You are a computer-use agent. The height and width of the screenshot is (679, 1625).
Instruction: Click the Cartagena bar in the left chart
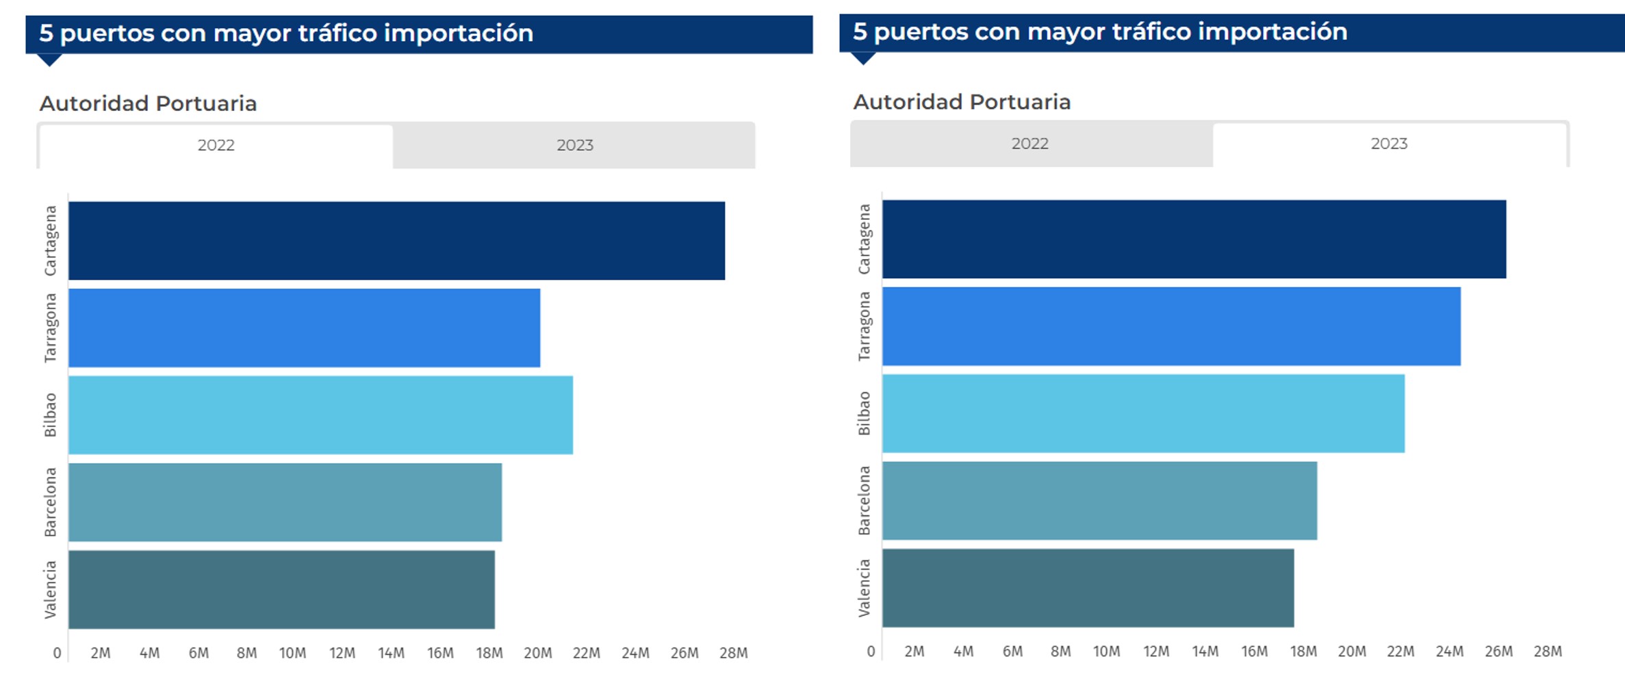[x=396, y=240]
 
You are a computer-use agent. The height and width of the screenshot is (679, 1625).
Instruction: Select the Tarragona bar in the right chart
[x=1171, y=326]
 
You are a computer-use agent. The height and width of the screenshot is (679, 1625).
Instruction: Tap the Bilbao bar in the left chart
[x=320, y=415]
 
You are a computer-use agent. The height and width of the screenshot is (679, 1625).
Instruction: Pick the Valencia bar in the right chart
[x=1088, y=588]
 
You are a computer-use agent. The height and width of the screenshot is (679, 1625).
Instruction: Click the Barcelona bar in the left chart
[x=285, y=502]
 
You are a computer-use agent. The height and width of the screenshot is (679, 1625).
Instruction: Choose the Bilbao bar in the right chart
[x=1143, y=413]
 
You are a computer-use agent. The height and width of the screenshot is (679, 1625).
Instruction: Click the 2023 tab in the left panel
[x=574, y=145]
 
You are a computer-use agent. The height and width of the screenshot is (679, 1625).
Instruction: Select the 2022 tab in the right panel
[x=1029, y=144]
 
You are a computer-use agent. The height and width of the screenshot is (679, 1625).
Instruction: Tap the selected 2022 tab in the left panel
[x=216, y=145]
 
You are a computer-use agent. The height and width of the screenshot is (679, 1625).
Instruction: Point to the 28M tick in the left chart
[x=733, y=653]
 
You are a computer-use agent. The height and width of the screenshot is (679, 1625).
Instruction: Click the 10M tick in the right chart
[x=1106, y=652]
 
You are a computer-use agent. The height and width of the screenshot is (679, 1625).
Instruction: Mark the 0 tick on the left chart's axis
[x=57, y=653]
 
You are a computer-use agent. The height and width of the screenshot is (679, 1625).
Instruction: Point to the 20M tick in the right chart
[x=1352, y=652]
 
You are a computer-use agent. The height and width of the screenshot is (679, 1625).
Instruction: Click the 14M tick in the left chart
[x=391, y=653]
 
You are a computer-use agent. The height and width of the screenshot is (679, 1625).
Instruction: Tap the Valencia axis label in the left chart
[x=50, y=589]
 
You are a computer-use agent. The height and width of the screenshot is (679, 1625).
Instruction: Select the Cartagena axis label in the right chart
[x=864, y=239]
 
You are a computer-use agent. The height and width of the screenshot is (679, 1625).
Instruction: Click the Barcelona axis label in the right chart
[x=864, y=501]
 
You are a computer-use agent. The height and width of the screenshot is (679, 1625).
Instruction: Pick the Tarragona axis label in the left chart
[x=50, y=328]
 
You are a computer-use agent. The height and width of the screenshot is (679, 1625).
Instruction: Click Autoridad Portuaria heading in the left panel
[x=148, y=103]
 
